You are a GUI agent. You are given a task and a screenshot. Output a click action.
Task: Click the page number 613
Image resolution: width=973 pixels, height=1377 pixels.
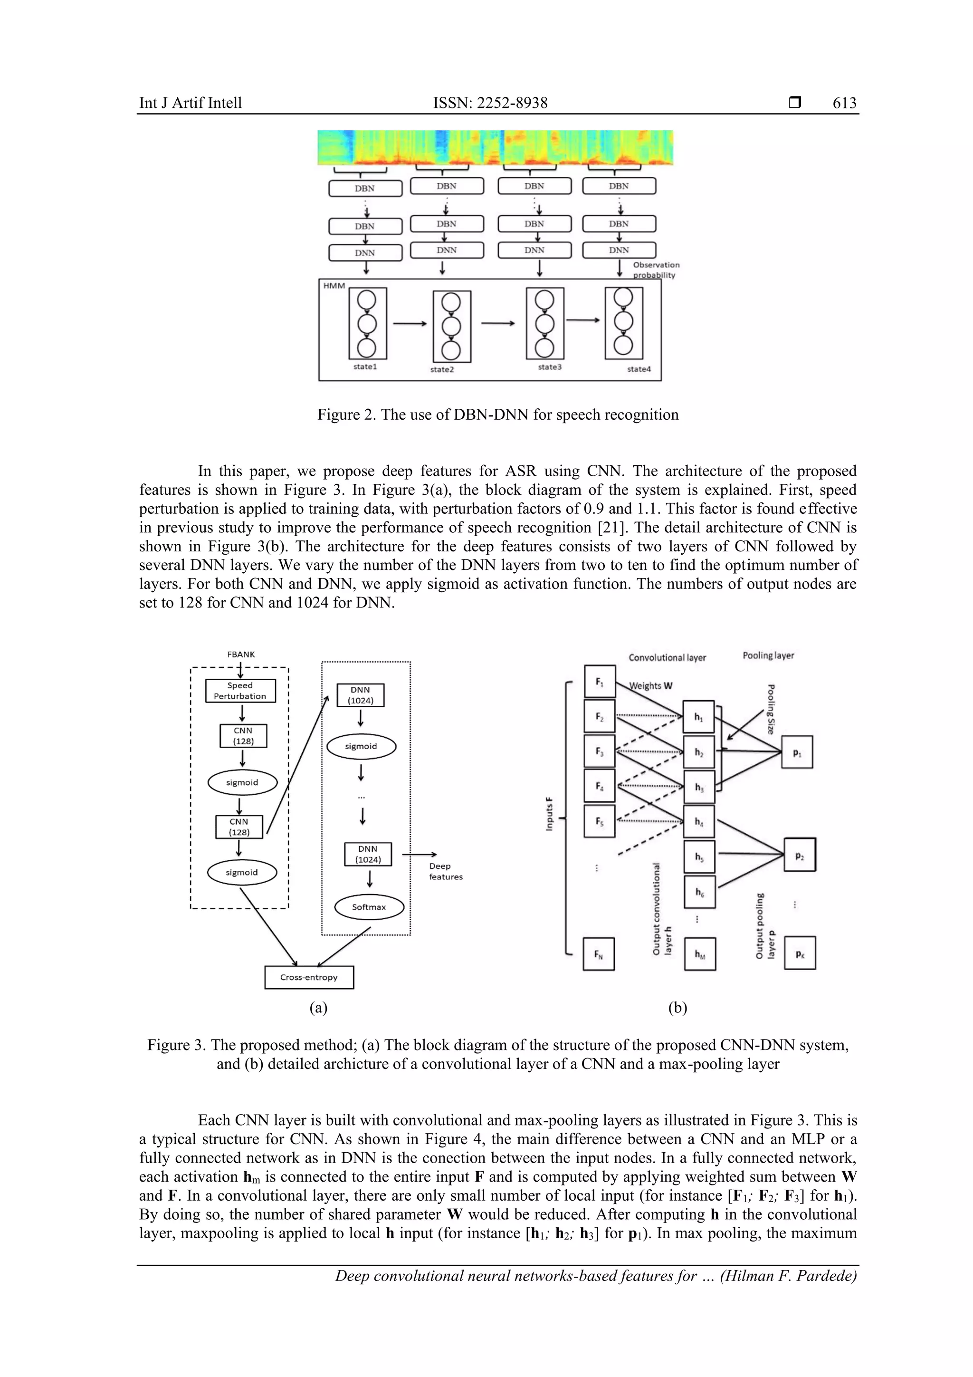coord(844,103)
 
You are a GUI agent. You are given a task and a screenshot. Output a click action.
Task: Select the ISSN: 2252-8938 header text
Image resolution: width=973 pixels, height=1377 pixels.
coord(490,103)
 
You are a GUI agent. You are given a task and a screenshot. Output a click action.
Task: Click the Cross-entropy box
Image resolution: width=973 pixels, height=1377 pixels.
coord(309,977)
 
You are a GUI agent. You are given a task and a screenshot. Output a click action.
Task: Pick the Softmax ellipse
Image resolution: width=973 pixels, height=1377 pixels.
coord(369,907)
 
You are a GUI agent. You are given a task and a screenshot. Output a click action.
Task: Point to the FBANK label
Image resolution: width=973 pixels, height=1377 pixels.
coord(241,655)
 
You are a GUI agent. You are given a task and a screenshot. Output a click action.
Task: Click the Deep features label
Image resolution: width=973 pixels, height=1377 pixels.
coord(446,871)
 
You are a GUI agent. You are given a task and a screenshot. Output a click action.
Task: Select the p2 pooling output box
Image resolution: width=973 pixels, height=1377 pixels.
coord(800,855)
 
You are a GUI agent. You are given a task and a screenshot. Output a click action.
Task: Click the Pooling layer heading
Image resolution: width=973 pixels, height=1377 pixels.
coord(768,655)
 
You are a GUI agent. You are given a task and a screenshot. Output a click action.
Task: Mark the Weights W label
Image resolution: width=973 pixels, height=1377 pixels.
coord(651,685)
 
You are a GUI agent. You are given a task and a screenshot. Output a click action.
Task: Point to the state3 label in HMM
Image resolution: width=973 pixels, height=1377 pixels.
coord(549,367)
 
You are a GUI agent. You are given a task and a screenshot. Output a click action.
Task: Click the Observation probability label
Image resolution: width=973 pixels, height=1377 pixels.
coord(655,270)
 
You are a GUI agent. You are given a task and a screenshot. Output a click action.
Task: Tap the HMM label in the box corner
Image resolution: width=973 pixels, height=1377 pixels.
coord(334,286)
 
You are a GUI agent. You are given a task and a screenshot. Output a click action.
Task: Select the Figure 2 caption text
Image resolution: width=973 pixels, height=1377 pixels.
coord(497,414)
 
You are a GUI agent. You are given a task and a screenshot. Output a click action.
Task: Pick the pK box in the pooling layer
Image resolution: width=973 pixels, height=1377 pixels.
coord(800,953)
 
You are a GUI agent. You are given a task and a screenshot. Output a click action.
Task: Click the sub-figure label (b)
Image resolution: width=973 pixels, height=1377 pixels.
coord(677,1008)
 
